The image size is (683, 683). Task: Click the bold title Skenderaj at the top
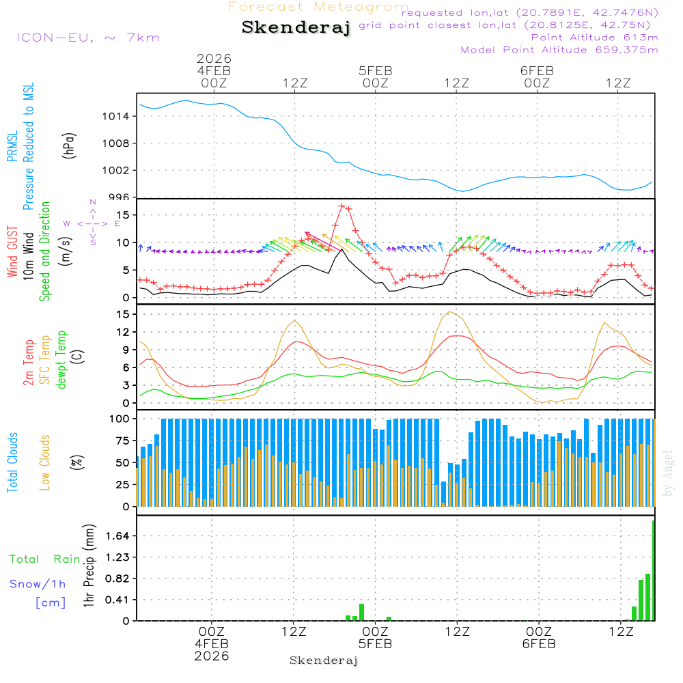point(296,28)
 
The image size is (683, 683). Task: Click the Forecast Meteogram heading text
point(318,7)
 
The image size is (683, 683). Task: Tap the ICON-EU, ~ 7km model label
point(87,38)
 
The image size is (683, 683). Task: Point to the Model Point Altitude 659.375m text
point(559,50)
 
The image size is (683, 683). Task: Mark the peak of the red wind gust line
point(341,206)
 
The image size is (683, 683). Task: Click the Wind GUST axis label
point(13,253)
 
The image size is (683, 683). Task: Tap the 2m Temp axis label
point(29,360)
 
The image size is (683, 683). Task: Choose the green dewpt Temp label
point(61,360)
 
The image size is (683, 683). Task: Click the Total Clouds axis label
point(13,462)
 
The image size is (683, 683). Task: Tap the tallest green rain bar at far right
point(654,570)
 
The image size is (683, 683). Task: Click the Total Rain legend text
point(45,559)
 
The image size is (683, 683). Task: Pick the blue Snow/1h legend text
point(38,585)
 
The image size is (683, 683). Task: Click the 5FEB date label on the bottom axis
point(375,644)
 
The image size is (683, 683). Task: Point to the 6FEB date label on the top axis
point(537,70)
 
